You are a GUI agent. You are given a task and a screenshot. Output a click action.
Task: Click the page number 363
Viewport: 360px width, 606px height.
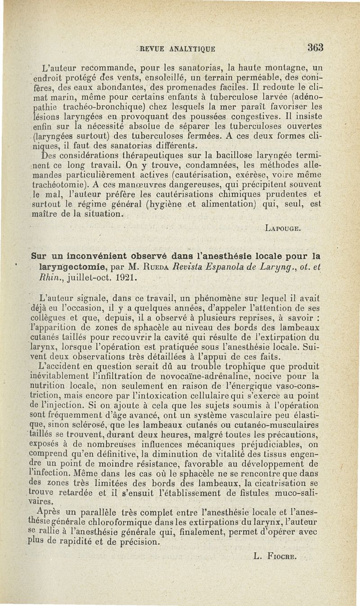(x=316, y=47)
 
